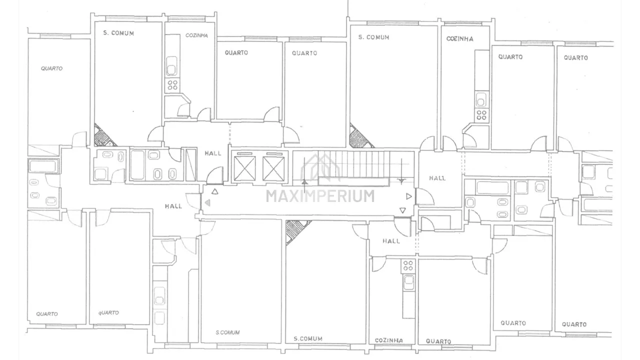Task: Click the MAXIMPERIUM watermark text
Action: [320, 196]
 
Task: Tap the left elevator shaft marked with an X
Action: [244, 168]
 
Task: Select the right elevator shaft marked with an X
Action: [273, 168]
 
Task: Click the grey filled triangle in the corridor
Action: [207, 203]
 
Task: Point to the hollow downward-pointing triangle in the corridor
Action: [402, 210]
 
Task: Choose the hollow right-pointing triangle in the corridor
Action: [409, 196]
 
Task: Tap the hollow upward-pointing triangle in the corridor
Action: [215, 191]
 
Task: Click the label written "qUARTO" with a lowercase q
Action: [108, 313]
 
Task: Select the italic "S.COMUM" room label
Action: [227, 332]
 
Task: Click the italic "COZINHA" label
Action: [196, 35]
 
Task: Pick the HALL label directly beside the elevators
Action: [213, 153]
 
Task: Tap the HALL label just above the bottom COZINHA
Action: [391, 241]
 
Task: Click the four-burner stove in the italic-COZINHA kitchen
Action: [172, 85]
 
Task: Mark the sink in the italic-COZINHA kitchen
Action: [171, 66]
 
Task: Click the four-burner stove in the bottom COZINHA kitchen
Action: [407, 265]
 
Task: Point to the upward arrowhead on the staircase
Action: [304, 181]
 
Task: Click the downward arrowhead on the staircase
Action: [401, 181]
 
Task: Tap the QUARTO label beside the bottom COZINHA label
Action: [438, 341]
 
